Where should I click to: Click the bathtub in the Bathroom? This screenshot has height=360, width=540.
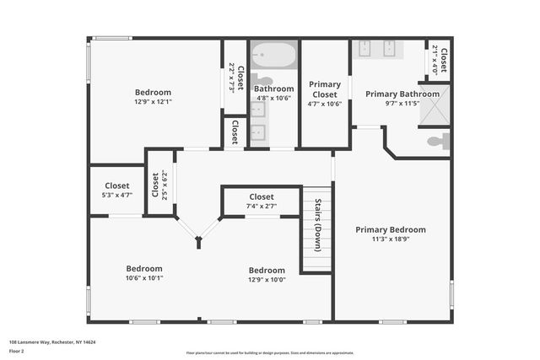(x=273, y=56)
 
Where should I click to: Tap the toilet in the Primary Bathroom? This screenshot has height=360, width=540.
(x=439, y=142)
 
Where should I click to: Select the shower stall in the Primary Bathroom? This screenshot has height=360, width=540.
(x=435, y=105)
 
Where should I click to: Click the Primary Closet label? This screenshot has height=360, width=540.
(x=325, y=89)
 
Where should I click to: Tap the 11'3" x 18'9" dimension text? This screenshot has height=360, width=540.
(x=390, y=240)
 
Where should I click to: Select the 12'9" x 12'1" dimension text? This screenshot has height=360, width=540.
(x=153, y=102)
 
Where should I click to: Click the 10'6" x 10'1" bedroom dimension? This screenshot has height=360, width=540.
(x=144, y=277)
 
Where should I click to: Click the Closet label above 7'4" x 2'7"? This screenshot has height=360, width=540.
(x=261, y=196)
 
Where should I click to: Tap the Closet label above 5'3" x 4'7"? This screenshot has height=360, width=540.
(x=116, y=185)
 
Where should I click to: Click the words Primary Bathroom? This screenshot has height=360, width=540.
(x=402, y=94)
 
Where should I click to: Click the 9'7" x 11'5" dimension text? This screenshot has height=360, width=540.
(x=402, y=104)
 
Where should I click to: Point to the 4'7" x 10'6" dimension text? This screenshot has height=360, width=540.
(x=325, y=104)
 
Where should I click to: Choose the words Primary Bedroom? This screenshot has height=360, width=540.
(x=390, y=229)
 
